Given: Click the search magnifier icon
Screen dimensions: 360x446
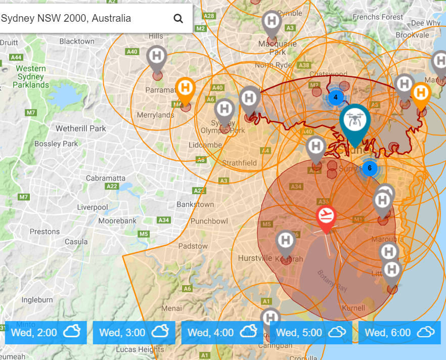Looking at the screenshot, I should (178, 19).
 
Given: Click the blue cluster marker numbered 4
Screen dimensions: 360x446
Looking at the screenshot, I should (335, 97).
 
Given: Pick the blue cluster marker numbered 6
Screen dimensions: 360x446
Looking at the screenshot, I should (370, 168).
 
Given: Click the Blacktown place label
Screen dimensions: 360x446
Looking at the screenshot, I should (77, 41).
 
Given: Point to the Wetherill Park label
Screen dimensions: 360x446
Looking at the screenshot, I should (81, 128).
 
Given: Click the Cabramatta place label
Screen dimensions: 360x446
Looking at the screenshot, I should (106, 178).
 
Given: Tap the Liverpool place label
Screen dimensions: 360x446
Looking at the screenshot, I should (93, 207).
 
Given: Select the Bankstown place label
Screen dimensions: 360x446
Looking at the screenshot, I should (195, 204).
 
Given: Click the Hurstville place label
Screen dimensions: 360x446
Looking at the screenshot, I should (255, 258).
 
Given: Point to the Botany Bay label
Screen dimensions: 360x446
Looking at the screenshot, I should (332, 281).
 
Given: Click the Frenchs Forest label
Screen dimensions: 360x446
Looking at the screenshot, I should (378, 17).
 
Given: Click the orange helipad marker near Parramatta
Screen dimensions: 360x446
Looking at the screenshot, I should (185, 89).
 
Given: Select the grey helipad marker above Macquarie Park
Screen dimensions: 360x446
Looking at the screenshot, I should (272, 22).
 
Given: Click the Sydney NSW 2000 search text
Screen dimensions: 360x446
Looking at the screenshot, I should (66, 19).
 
